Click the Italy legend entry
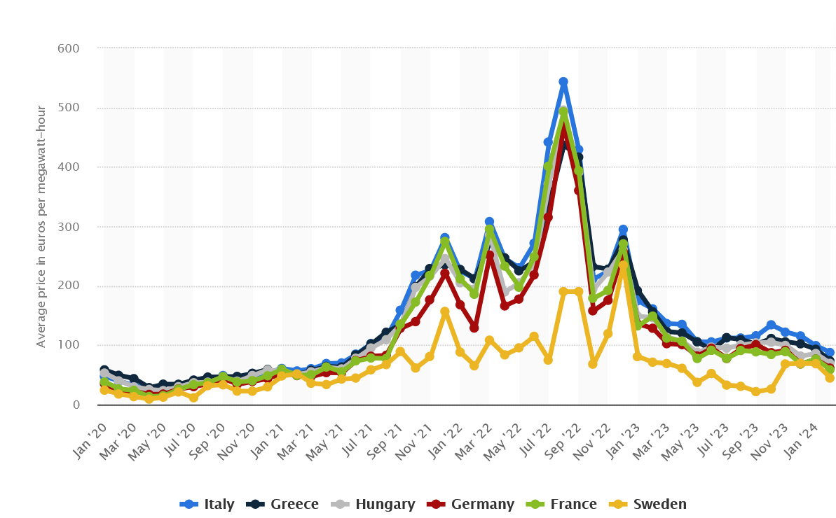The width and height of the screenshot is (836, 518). pos(207,504)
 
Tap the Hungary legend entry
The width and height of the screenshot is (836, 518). pos(373,504)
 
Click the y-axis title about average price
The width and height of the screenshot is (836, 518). pos(41,226)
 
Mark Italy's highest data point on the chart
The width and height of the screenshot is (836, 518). pos(563,83)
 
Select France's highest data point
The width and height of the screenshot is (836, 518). pos(563,112)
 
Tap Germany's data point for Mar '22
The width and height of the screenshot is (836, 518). pos(490,255)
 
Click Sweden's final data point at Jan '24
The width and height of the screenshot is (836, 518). pos(830,378)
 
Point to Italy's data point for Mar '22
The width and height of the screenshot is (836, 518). pos(489,222)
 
